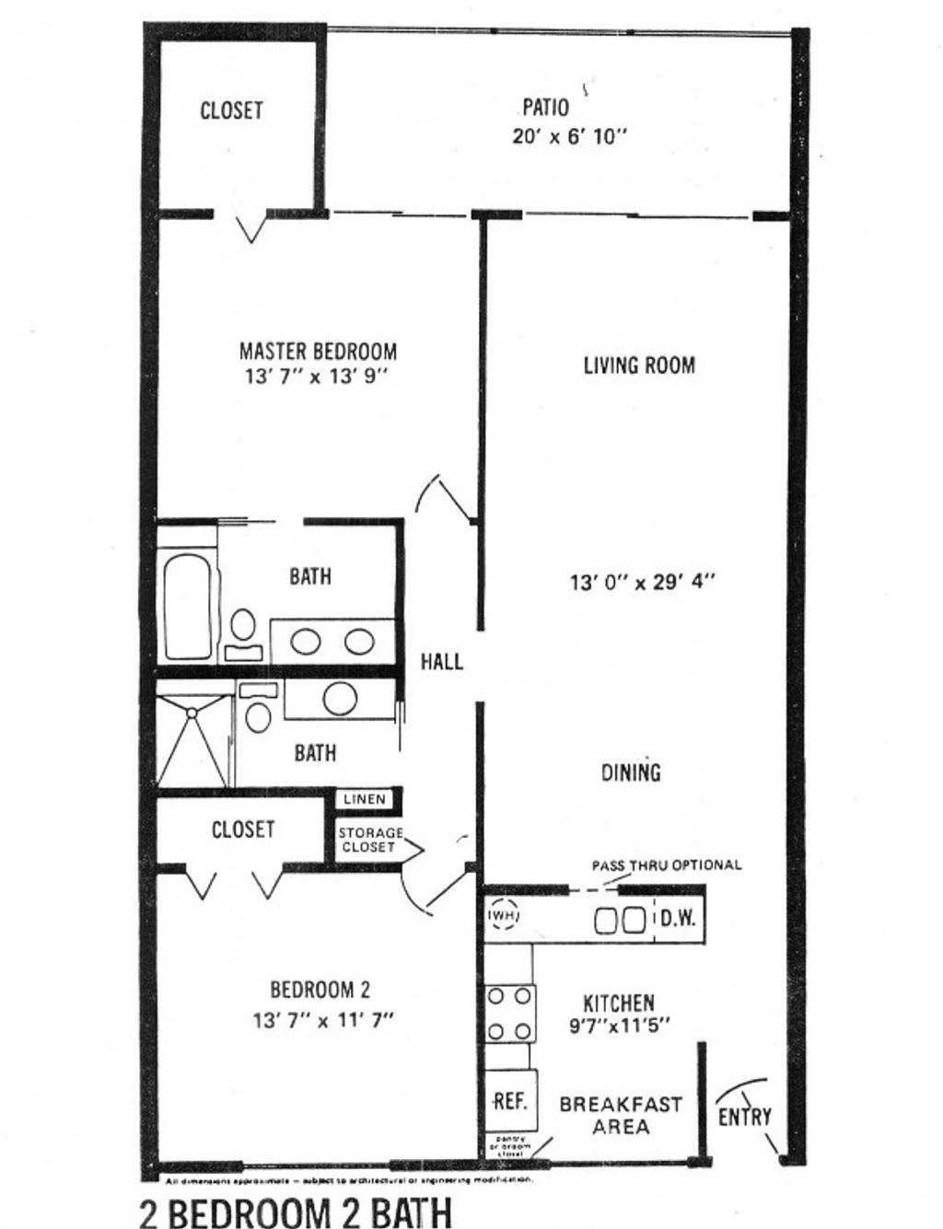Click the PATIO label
click(545, 108)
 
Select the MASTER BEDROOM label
click(318, 351)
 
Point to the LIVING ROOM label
click(639, 365)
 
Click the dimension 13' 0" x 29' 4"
click(642, 582)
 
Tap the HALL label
click(441, 661)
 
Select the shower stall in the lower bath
click(193, 741)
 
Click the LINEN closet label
click(365, 799)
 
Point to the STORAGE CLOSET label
click(369, 840)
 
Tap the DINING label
click(631, 772)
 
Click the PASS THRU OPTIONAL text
click(665, 865)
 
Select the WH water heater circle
click(504, 916)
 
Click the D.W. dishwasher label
click(678, 919)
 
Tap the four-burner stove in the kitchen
click(509, 1013)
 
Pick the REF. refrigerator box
click(510, 1101)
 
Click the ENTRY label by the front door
click(744, 1116)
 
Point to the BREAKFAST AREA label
click(621, 1115)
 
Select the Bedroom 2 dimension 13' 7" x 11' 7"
click(322, 1020)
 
